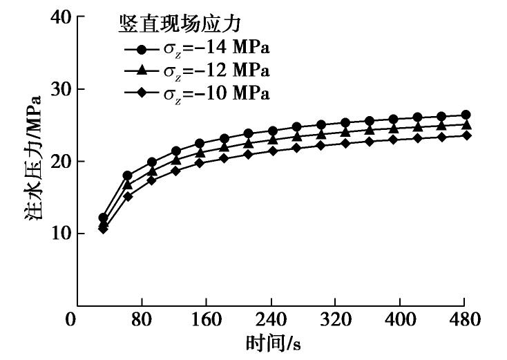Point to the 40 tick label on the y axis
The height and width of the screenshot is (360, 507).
62,17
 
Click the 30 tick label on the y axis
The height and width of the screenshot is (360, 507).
62,89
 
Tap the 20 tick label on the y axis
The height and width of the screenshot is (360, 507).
62,161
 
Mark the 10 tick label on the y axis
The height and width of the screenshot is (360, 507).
62,233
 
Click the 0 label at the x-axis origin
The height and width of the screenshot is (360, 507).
70,321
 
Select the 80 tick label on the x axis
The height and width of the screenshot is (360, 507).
142,321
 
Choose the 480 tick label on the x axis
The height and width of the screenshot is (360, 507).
464,321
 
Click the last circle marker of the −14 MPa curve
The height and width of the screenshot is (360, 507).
466,115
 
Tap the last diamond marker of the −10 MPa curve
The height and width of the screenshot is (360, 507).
466,135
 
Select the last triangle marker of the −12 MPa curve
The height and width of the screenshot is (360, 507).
466,125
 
